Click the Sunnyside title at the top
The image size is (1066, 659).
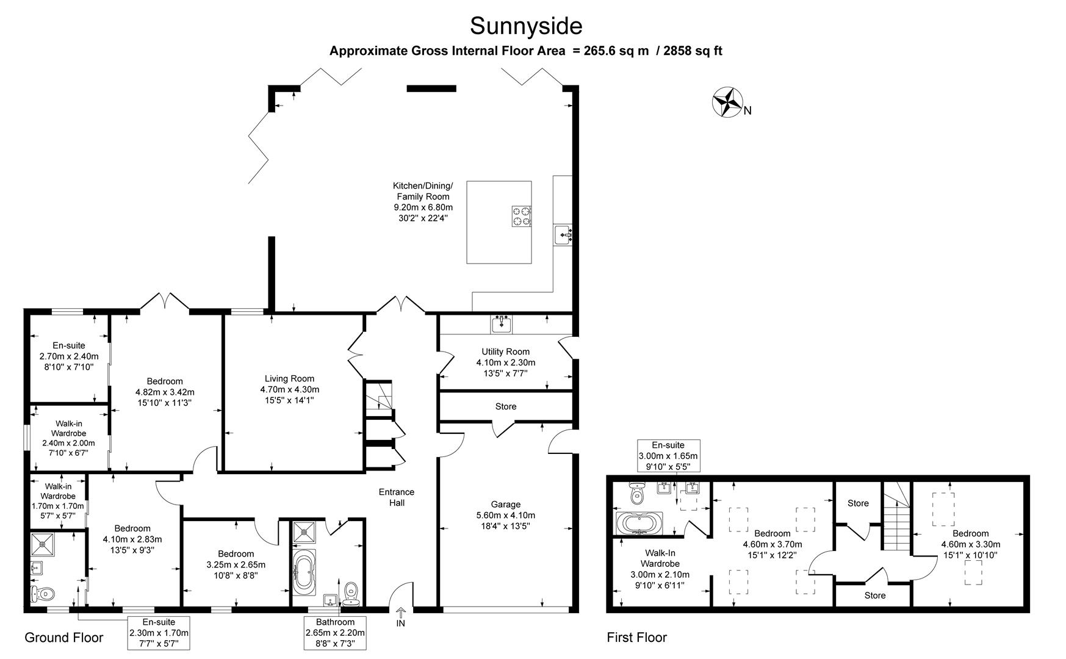[526, 26]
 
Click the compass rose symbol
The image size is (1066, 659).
[727, 102]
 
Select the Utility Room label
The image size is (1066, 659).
[505, 351]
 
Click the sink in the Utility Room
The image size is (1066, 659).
[502, 323]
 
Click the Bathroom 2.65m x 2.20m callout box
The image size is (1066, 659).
[334, 633]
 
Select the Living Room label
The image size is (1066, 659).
[289, 378]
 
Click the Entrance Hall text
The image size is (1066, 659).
[396, 497]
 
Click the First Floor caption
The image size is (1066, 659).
[636, 638]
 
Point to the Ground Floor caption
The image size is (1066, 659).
[63, 638]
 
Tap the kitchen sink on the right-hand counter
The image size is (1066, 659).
[562, 234]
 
